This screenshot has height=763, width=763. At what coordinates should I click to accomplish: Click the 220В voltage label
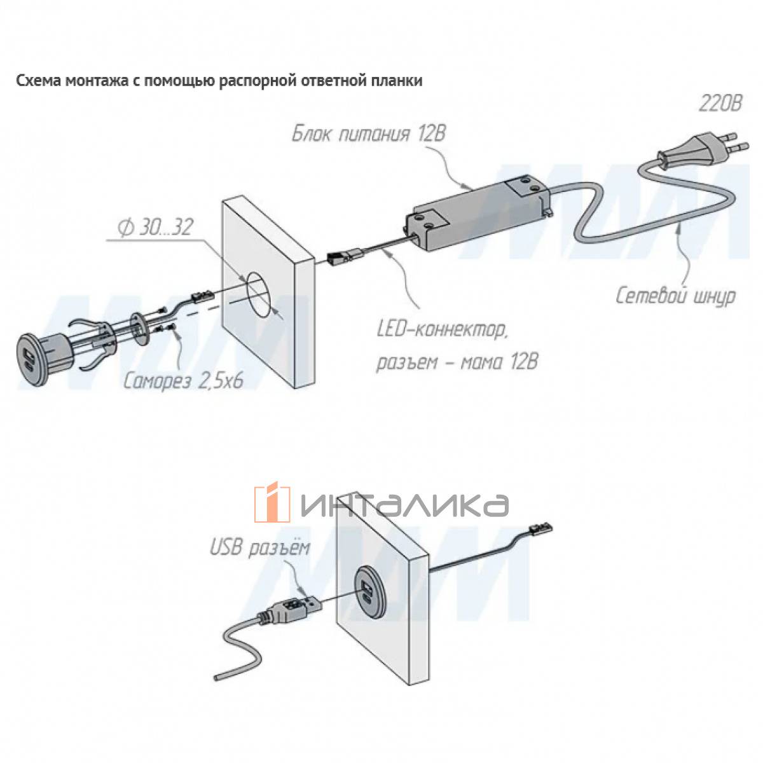(x=719, y=105)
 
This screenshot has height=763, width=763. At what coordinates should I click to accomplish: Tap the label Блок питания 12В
(x=369, y=134)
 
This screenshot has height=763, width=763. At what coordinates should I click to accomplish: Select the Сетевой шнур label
(x=675, y=296)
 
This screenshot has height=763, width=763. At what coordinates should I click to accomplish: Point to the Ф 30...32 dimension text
(x=156, y=228)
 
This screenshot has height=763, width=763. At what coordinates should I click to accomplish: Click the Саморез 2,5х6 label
(x=183, y=381)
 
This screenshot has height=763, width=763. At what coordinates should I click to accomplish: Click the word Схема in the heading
(x=38, y=81)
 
